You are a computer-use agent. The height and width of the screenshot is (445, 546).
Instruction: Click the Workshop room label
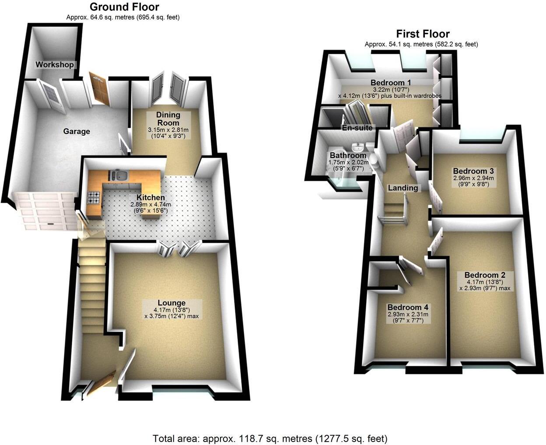(x=55, y=65)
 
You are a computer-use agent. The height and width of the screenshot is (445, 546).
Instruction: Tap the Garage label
(x=77, y=131)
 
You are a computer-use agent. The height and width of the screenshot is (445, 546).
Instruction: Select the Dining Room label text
(x=168, y=119)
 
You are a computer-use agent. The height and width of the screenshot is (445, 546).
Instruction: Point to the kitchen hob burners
(x=94, y=198)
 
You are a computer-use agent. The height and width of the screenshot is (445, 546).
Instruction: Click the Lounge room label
(x=171, y=303)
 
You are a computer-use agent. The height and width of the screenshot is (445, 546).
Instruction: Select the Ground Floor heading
(x=124, y=7)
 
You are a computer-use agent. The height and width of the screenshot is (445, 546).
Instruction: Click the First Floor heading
(x=423, y=34)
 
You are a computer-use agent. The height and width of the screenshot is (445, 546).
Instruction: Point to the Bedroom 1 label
(x=391, y=83)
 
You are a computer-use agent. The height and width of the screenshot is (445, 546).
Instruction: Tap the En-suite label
(x=357, y=128)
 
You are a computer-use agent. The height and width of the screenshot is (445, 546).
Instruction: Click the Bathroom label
(x=348, y=155)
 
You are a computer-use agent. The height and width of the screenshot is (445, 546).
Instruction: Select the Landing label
(x=403, y=188)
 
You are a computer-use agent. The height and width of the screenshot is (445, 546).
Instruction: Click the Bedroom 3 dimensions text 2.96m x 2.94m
(x=473, y=178)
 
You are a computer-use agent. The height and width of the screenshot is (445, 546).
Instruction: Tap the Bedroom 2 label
(x=485, y=275)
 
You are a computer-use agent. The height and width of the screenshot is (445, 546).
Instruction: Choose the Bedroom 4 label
(x=408, y=307)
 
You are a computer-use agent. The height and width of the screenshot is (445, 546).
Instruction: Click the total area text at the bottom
(x=270, y=438)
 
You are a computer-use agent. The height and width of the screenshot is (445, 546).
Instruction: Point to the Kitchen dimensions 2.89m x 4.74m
(x=150, y=204)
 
